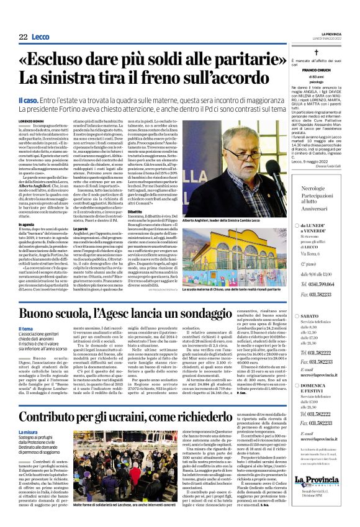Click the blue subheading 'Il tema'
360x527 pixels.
(26, 329)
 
